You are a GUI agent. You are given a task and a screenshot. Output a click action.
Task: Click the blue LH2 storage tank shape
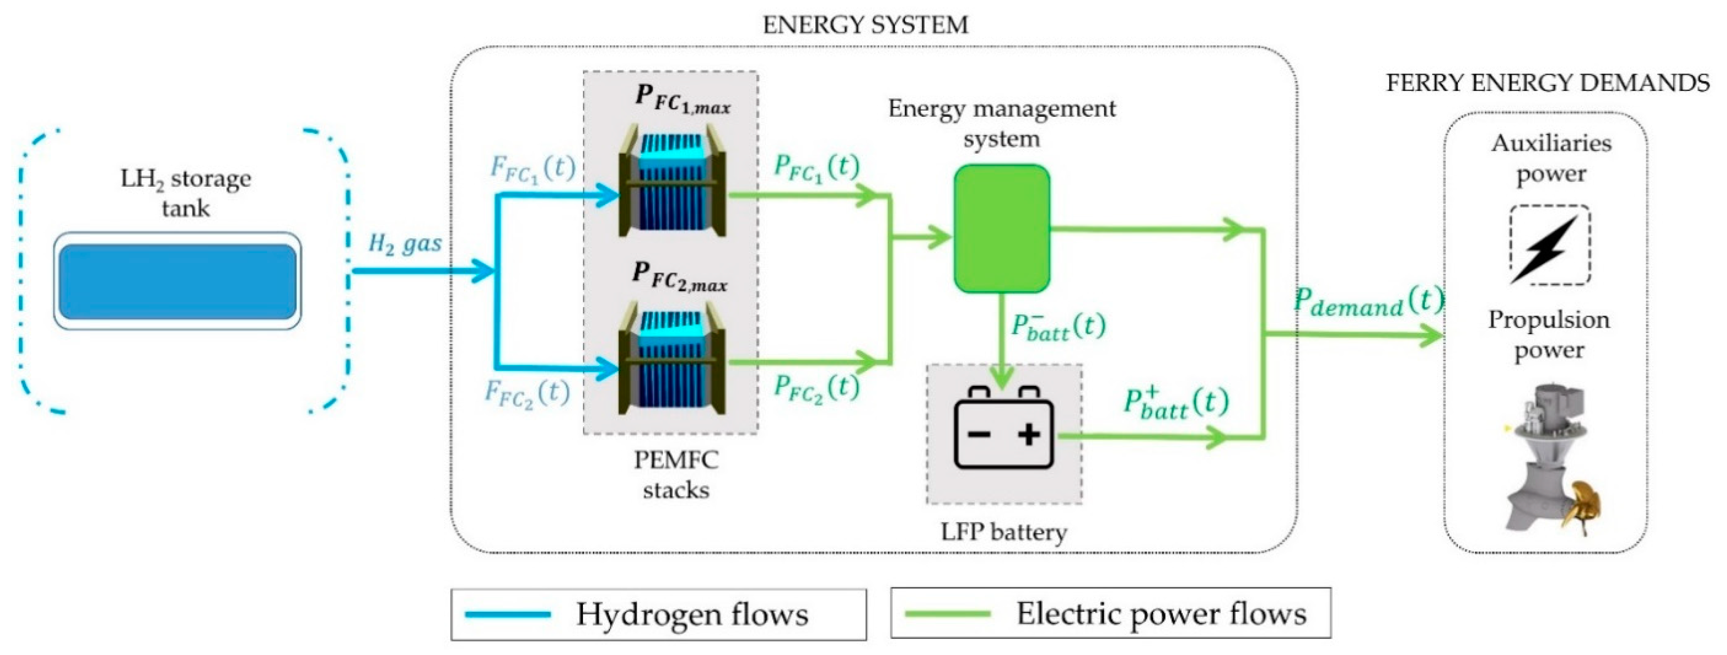point(178,281)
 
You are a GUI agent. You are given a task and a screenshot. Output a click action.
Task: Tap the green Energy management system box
point(1002,229)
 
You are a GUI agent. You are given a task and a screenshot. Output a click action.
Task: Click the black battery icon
point(1004,429)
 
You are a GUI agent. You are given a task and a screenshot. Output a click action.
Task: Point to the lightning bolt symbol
point(1549,247)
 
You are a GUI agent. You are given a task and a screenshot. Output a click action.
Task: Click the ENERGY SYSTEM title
point(865,25)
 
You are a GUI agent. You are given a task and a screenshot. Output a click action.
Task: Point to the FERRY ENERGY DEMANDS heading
point(1547,83)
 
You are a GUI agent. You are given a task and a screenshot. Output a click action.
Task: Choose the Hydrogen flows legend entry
point(658,614)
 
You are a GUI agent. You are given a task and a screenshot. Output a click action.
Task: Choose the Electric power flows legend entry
point(1110,613)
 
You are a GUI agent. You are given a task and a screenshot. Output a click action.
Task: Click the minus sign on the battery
point(979,434)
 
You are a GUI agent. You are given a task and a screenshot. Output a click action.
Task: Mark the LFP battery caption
point(1004,532)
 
